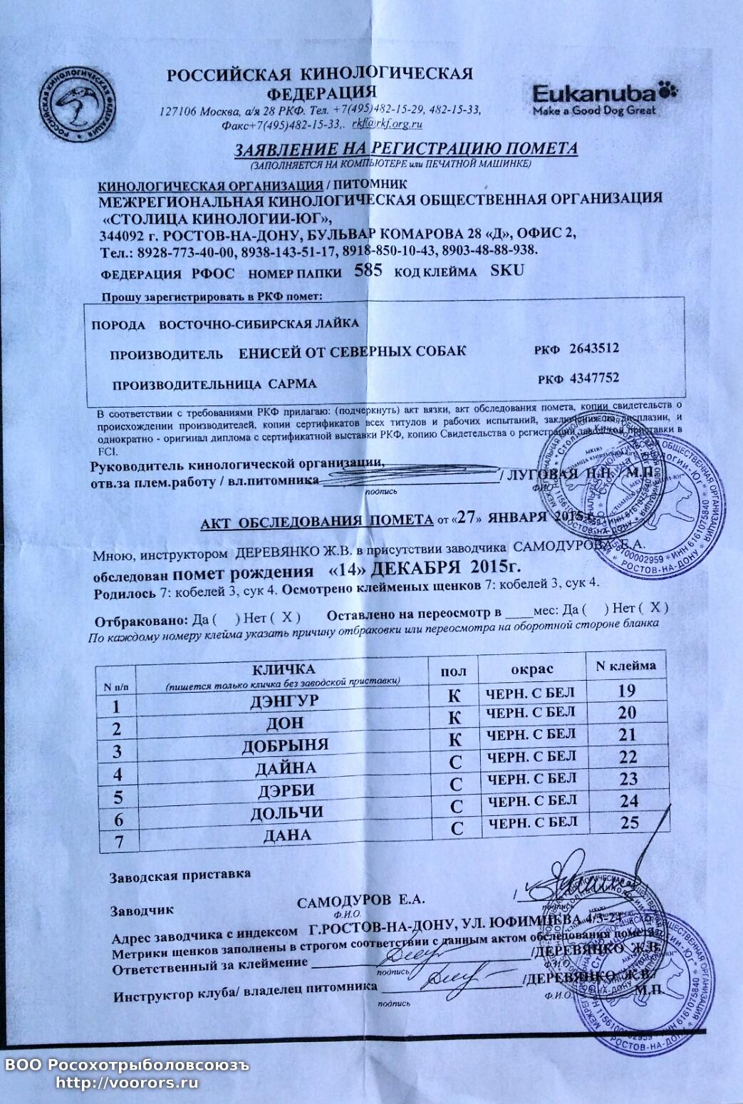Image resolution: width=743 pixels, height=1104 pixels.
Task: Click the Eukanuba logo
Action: (605, 99)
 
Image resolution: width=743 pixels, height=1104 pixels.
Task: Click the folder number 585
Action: (368, 271)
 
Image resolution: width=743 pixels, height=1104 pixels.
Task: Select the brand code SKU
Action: (506, 270)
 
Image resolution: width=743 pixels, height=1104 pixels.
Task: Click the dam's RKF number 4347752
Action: (589, 378)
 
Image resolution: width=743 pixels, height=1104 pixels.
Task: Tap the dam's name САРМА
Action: (291, 383)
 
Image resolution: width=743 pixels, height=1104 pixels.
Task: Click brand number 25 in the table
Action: (629, 822)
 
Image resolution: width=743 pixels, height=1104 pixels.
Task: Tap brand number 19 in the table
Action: (627, 690)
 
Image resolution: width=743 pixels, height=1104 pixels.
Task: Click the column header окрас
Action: (532, 669)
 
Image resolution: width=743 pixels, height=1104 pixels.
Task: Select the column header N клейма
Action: (625, 666)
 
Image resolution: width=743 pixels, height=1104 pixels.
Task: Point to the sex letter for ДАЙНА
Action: (456, 762)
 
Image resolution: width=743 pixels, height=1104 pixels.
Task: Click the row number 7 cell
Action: (119, 841)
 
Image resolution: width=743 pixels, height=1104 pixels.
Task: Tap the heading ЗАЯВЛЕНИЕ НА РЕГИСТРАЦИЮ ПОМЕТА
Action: (407, 149)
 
